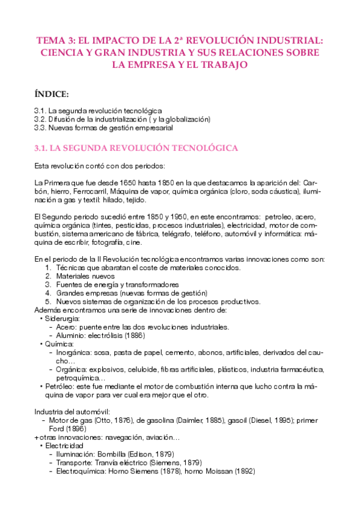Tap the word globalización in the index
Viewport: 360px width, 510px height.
184,119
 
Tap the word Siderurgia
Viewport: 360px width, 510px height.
61,318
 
